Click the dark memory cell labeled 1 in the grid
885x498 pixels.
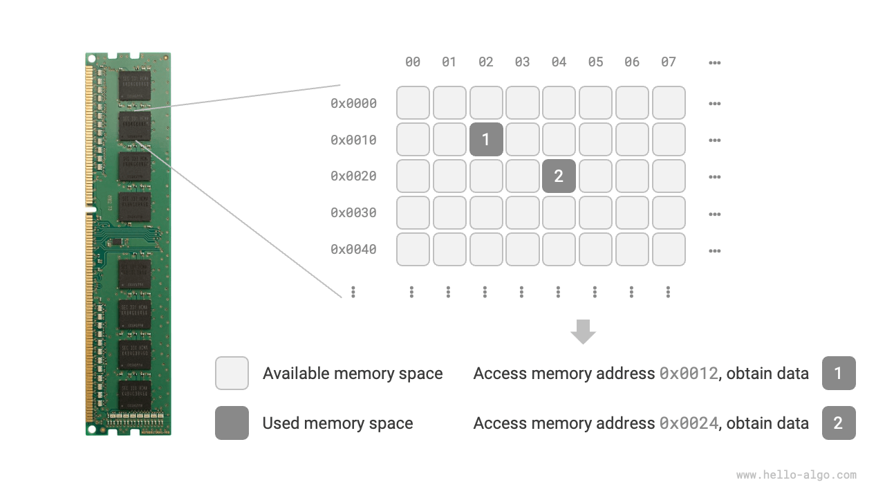pos(486,140)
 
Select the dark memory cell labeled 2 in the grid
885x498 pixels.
pos(559,176)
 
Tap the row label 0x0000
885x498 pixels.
pos(353,104)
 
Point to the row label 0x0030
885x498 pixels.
pos(353,213)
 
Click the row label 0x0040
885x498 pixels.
pos(353,249)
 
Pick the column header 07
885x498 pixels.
pos(668,62)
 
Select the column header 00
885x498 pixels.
pos(413,62)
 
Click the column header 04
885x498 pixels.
pos(559,62)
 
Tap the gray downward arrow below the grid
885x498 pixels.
pos(583,331)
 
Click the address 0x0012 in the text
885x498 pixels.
pos(689,373)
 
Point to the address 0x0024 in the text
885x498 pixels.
pos(689,423)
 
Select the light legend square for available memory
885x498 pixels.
pos(232,373)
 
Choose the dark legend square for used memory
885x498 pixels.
pos(232,423)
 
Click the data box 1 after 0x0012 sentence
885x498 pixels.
pos(839,373)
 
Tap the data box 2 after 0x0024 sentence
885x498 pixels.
pos(839,423)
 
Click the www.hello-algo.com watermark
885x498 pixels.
pos(796,475)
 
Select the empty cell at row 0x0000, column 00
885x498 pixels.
pos(413,103)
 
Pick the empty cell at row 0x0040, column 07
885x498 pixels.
pos(669,249)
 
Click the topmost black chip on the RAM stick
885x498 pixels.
pos(134,85)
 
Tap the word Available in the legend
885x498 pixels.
pos(296,373)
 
